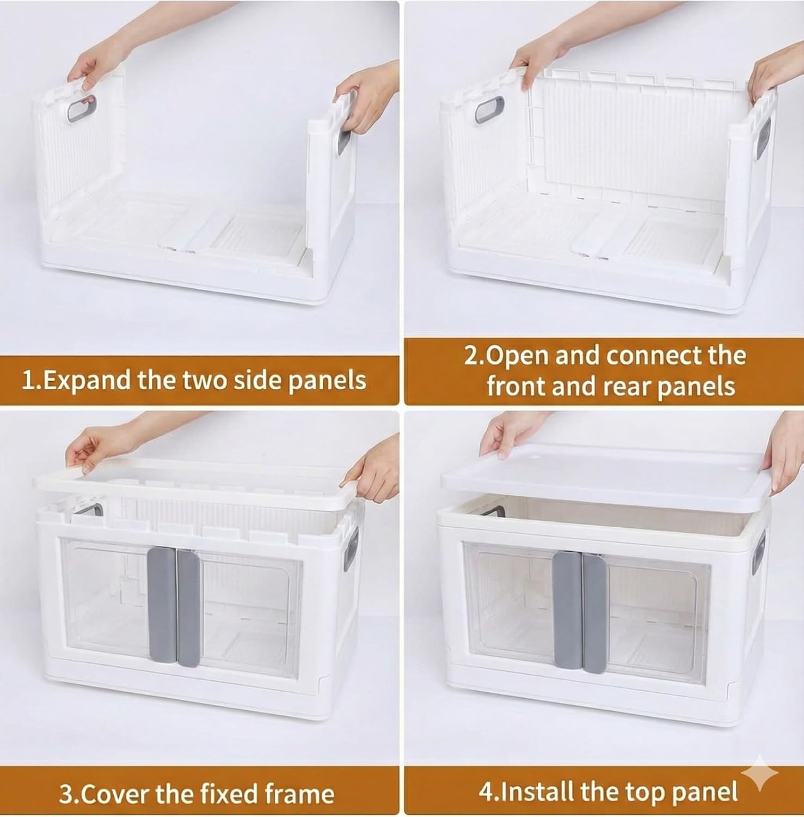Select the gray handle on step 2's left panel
coord(486,109)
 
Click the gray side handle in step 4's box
coord(759,553)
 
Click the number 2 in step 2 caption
coord(471,356)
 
